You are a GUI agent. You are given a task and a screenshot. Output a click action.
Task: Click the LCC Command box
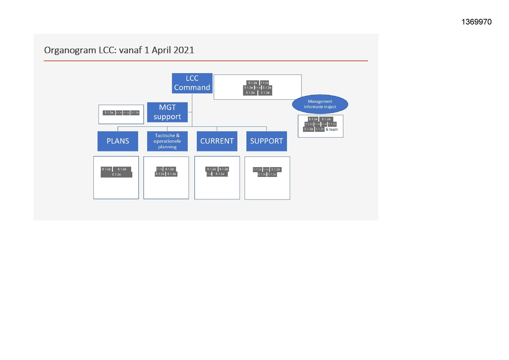pyautogui.click(x=192, y=83)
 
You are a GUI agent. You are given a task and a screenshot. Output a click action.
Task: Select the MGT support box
pyautogui.click(x=167, y=112)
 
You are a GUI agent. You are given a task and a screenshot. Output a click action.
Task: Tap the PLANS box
pyautogui.click(x=118, y=141)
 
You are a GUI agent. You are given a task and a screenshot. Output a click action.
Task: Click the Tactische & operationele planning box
pyautogui.click(x=167, y=141)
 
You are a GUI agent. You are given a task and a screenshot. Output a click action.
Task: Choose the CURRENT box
pyautogui.click(x=217, y=141)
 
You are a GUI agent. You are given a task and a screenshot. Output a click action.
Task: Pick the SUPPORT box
pyautogui.click(x=266, y=141)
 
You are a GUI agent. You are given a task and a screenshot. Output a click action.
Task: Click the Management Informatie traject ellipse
pyautogui.click(x=320, y=104)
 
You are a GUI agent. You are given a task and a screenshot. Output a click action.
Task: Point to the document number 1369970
pyautogui.click(x=476, y=22)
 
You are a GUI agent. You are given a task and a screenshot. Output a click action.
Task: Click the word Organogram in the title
pyautogui.click(x=70, y=50)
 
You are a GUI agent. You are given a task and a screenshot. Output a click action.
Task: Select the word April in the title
pyautogui.click(x=160, y=50)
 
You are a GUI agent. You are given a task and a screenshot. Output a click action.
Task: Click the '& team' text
pyautogui.click(x=332, y=129)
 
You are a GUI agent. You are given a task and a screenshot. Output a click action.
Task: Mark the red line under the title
pyautogui.click(x=206, y=61)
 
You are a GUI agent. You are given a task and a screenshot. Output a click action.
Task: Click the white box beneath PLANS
pyautogui.click(x=116, y=186)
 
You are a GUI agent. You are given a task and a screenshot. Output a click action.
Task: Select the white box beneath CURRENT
pyautogui.click(x=217, y=186)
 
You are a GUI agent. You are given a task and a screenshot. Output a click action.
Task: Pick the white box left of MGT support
pyautogui.click(x=121, y=119)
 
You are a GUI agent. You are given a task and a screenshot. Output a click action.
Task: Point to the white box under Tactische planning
pyautogui.click(x=166, y=186)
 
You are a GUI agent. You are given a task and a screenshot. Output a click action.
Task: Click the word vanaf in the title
pyautogui.click(x=130, y=50)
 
